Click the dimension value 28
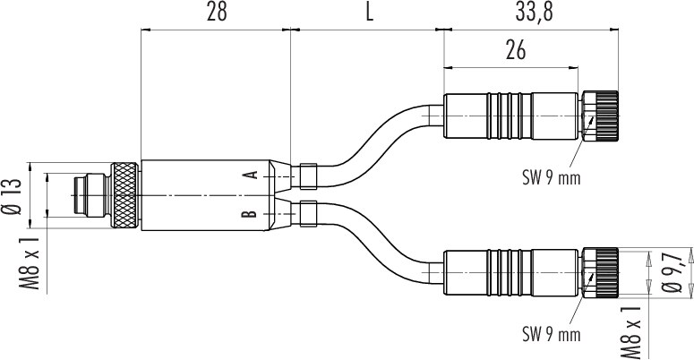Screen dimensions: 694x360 point(217,13)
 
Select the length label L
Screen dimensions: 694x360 point(370,13)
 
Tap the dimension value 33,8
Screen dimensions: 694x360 point(535,13)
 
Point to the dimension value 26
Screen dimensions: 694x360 point(516,50)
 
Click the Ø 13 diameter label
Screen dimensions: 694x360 point(13,196)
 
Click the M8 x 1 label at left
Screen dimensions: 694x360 point(30,263)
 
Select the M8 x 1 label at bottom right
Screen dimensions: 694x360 point(631,332)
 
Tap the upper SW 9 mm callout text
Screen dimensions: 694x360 point(551,178)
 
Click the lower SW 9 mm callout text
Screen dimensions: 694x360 point(551,334)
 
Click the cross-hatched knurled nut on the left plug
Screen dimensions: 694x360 point(124,196)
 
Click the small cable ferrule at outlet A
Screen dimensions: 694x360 point(308,176)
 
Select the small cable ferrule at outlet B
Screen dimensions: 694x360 point(308,213)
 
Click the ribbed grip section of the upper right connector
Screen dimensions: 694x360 point(509,116)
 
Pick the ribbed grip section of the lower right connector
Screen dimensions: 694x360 point(509,273)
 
